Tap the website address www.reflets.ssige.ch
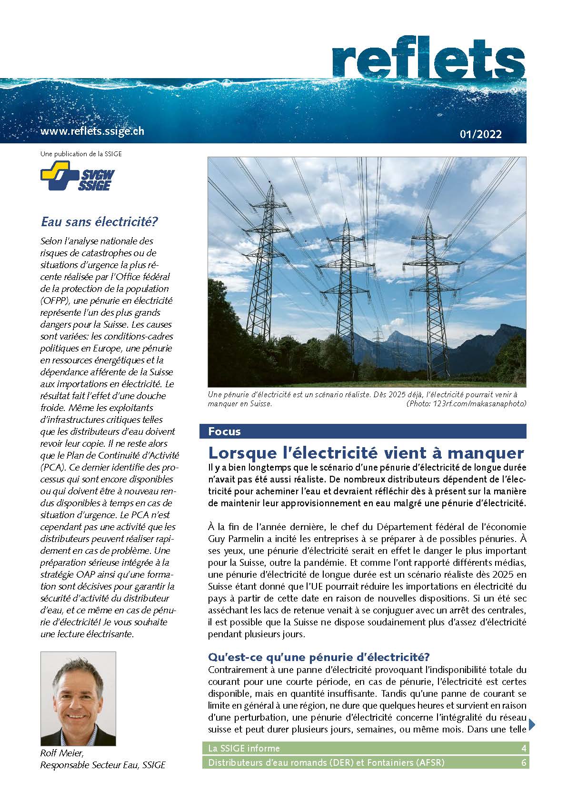(x=92, y=131)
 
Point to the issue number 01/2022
(x=481, y=134)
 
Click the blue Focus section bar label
(x=225, y=431)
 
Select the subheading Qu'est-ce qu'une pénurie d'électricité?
(x=318, y=657)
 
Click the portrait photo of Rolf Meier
(x=78, y=699)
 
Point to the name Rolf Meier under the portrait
(x=62, y=753)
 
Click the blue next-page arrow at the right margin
(x=532, y=725)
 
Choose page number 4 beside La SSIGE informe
(x=524, y=748)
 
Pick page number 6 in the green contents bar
(x=524, y=762)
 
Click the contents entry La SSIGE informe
(x=244, y=748)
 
